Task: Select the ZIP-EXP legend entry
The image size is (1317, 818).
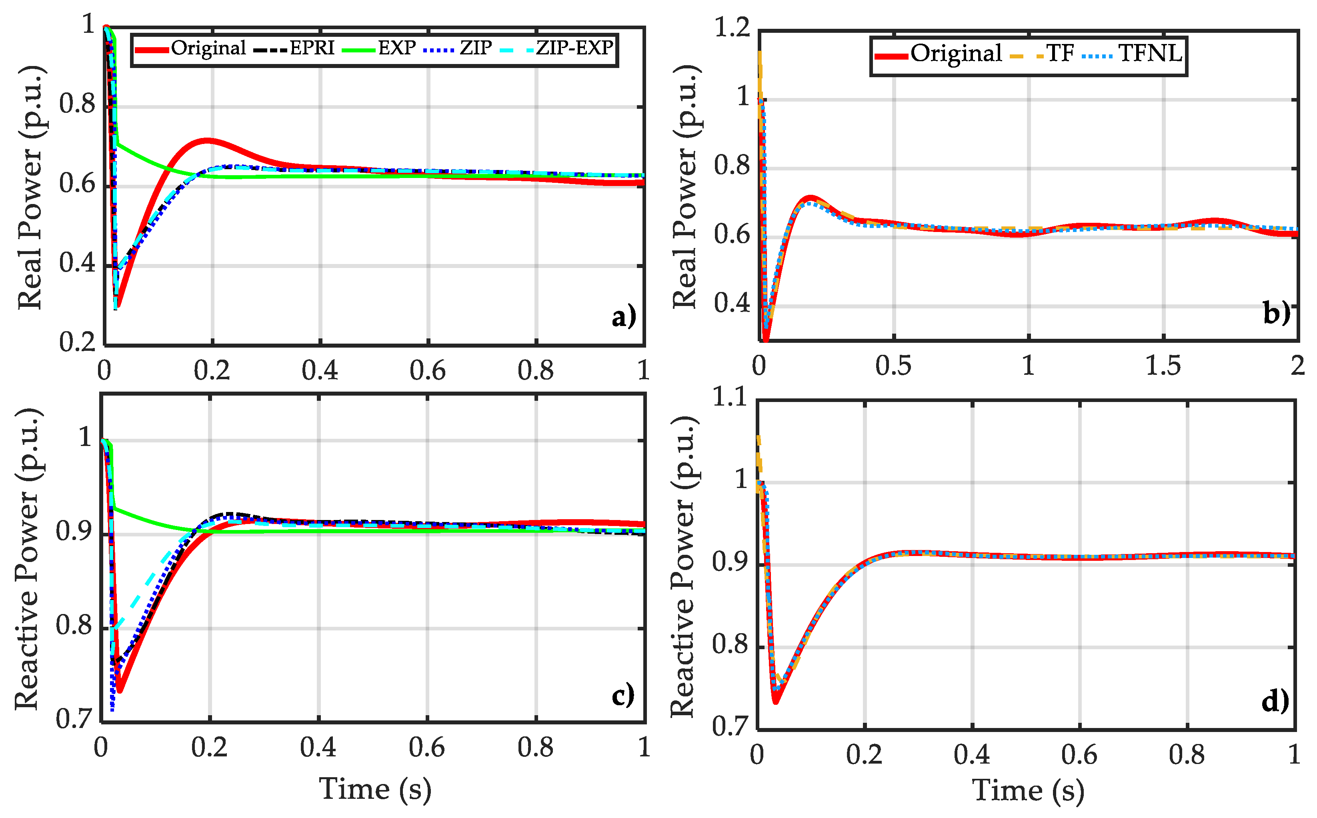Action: click(574, 49)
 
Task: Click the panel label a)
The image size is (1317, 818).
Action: click(623, 316)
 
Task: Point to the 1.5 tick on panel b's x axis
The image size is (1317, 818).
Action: click(1163, 366)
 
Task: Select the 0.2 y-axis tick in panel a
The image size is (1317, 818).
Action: click(77, 342)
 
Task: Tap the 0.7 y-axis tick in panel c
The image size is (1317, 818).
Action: click(74, 720)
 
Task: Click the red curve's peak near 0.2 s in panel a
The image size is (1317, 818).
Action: click(207, 141)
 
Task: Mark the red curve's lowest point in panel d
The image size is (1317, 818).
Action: click(775, 701)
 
